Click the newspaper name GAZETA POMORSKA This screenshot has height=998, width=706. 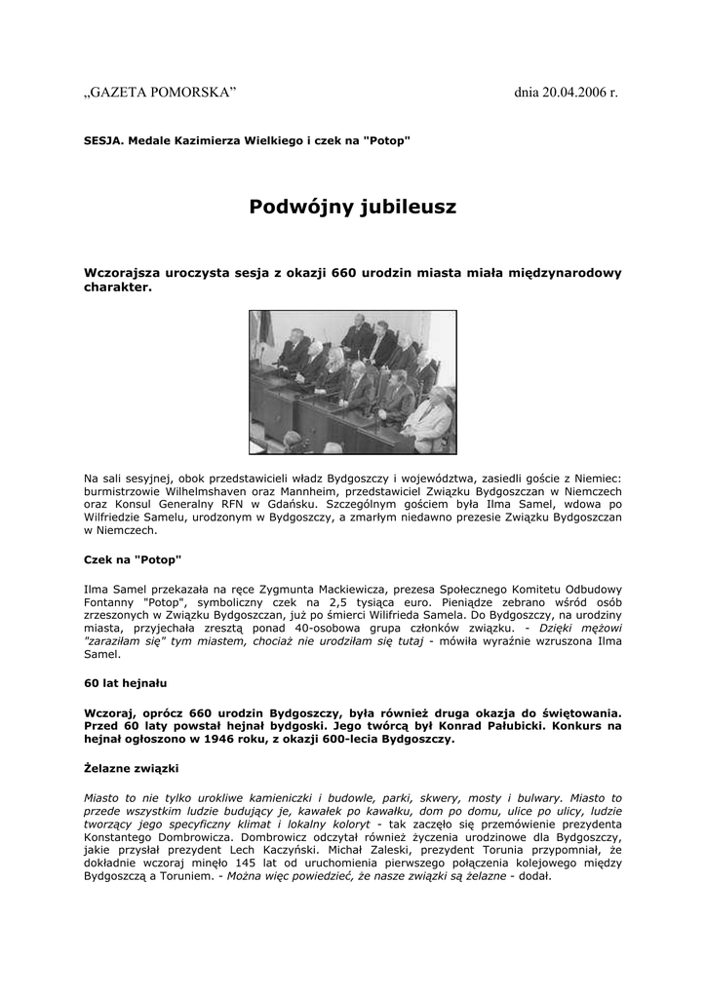tap(160, 93)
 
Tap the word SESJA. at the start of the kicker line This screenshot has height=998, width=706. tap(104, 141)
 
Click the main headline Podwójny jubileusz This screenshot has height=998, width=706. tap(352, 208)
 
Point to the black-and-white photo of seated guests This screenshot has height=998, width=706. tap(351, 382)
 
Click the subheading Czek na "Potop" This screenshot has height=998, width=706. tap(133, 560)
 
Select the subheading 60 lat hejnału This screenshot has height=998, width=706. tap(125, 685)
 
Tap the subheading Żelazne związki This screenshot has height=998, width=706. tap(131, 769)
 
